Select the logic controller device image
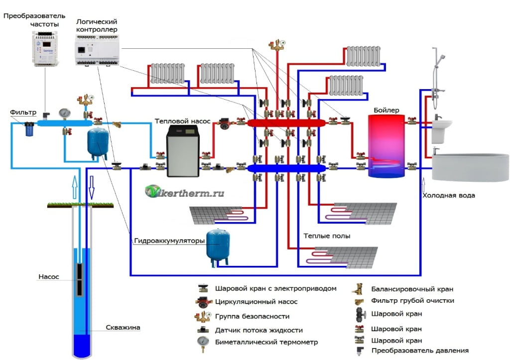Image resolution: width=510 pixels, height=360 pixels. click(x=97, y=50)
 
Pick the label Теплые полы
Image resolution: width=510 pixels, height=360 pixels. click(x=326, y=236)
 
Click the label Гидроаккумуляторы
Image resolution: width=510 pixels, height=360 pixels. click(x=169, y=241)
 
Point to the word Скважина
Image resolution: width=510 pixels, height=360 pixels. click(x=123, y=328)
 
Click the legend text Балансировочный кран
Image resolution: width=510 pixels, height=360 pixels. click(x=412, y=289)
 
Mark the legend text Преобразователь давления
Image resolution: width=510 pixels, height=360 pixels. click(x=420, y=351)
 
